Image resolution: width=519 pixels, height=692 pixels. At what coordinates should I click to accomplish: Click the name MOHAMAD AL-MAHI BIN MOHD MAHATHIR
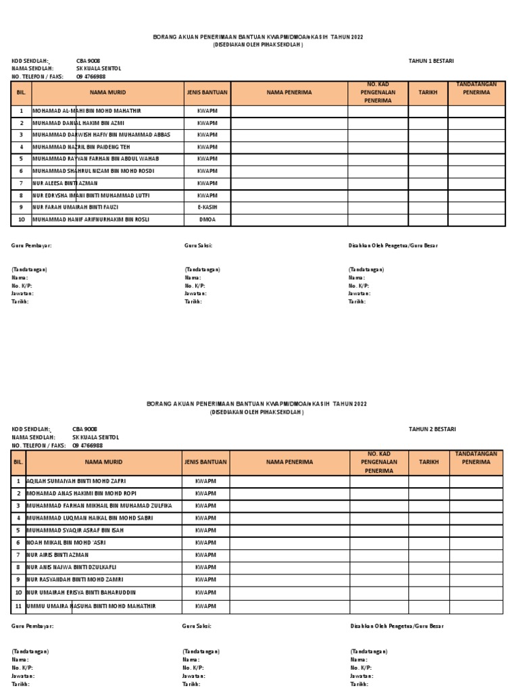(87, 110)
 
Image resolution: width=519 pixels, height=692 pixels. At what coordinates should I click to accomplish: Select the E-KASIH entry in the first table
(207, 207)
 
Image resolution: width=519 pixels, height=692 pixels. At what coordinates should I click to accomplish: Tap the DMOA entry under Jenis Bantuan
(207, 220)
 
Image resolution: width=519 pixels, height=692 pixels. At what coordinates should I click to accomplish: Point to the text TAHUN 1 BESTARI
(431, 61)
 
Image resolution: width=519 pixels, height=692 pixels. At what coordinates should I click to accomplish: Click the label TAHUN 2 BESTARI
(432, 429)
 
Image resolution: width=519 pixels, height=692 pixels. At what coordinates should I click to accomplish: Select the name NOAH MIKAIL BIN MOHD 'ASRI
(66, 542)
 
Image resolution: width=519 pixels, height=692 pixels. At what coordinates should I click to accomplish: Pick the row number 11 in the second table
(18, 606)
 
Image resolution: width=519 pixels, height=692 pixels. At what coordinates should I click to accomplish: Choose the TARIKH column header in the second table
(428, 462)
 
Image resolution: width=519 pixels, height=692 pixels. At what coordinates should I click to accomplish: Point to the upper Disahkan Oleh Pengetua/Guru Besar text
(393, 245)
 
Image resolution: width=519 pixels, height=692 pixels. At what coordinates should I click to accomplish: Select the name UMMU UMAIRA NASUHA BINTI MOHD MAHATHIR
(91, 606)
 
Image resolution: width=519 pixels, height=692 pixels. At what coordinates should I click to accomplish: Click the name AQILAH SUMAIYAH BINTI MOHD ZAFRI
(76, 482)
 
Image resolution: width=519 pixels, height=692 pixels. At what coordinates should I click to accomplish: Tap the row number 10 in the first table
(21, 220)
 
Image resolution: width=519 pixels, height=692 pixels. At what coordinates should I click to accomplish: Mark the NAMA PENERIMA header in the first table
(289, 92)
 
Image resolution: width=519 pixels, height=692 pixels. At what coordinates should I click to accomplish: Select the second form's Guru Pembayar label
(32, 626)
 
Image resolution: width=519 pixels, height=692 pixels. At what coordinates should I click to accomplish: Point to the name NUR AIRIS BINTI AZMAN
(57, 555)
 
